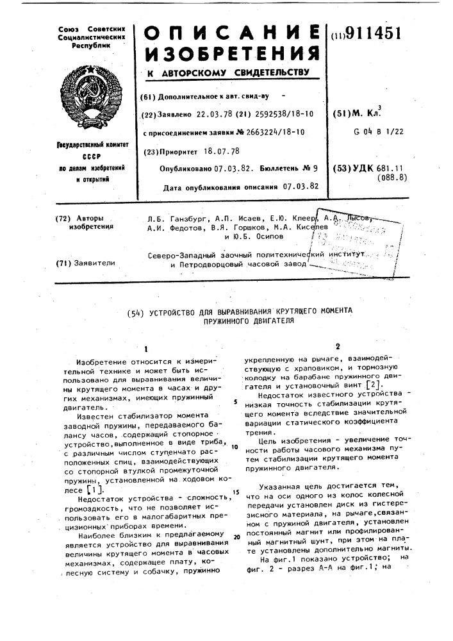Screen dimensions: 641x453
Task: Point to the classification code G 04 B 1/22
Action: tap(379, 131)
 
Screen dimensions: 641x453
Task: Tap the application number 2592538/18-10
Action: tap(280, 114)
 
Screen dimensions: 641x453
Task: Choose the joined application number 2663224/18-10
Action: tap(269, 132)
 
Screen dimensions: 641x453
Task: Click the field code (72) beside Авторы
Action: tap(63, 219)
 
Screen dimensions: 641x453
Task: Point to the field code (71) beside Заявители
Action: tap(63, 262)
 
